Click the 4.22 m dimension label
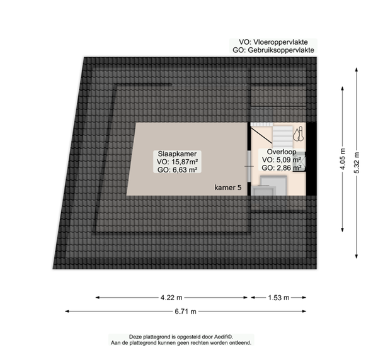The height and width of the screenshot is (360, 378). (171, 298)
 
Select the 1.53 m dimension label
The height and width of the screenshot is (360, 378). (278, 298)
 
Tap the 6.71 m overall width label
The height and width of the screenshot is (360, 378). (185, 312)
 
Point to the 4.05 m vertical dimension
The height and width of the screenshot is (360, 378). (343, 159)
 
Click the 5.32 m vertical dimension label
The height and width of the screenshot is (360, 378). (357, 163)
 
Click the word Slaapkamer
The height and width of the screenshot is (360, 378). (177, 154)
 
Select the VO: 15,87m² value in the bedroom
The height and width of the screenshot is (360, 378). (178, 162)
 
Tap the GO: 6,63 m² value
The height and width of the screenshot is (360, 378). (178, 170)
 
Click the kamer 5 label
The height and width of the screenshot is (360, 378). (228, 188)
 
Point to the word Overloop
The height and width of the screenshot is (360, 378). (282, 152)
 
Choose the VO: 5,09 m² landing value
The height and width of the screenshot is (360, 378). (282, 160)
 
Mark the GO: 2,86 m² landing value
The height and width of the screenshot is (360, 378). (282, 167)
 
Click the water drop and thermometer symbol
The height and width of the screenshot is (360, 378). (299, 134)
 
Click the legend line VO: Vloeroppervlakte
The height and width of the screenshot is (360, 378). (273, 42)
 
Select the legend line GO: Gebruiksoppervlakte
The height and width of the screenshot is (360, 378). (273, 50)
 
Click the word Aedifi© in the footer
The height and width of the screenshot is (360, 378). (224, 337)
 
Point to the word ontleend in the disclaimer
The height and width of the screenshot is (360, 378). (241, 342)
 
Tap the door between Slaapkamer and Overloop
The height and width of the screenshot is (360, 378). (249, 166)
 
